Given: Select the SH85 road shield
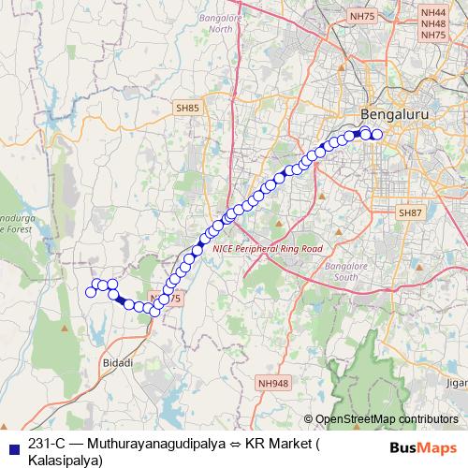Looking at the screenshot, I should point(187,109).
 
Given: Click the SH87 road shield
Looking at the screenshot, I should point(410,213).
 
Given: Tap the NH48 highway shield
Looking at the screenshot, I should point(433,22).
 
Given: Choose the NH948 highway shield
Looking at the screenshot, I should point(272,383).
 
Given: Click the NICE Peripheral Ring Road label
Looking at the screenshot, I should point(267,249).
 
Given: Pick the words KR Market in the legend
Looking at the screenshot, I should point(278,445).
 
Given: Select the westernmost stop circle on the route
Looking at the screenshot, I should point(91,292).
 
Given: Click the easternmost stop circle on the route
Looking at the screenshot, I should point(378,134).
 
